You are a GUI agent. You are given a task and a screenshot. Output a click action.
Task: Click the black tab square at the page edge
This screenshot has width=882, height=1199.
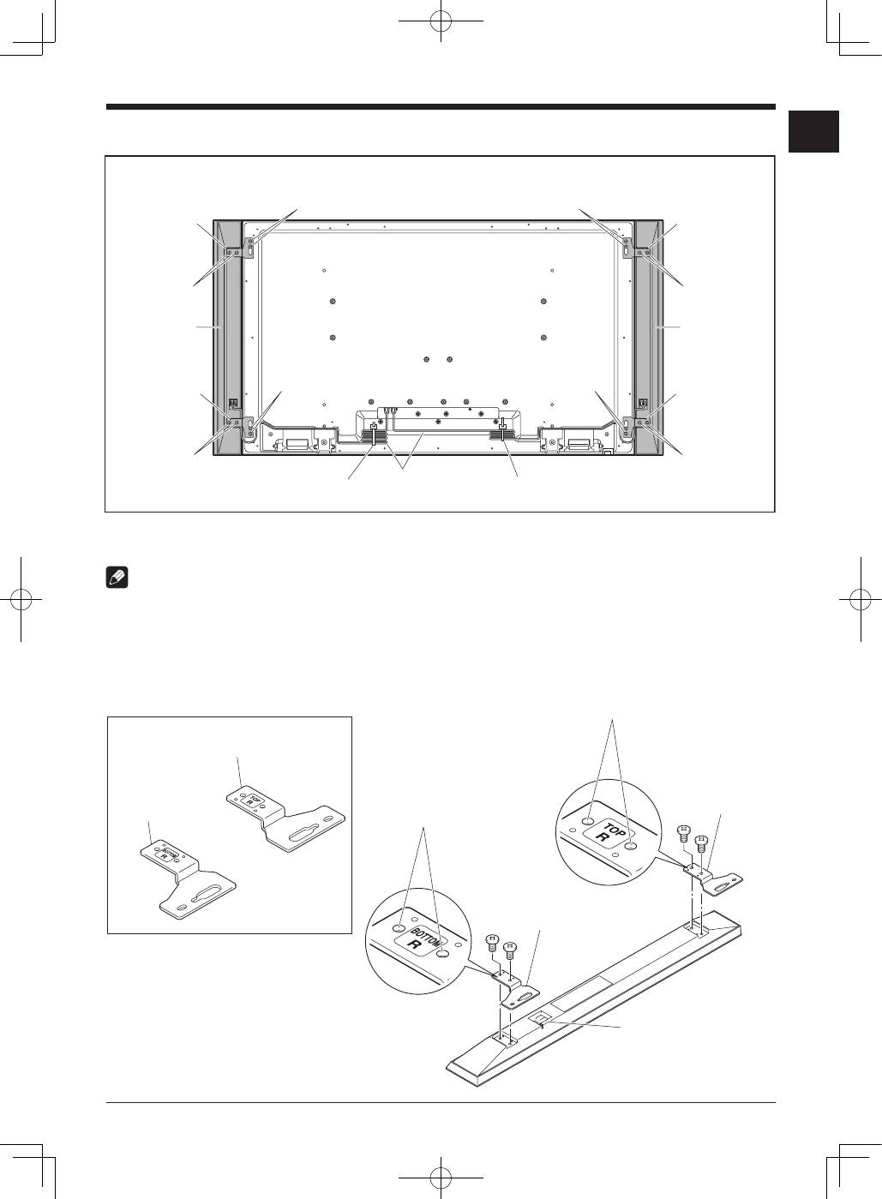(813, 132)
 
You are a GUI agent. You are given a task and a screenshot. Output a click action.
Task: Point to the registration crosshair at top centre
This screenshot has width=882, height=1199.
(441, 21)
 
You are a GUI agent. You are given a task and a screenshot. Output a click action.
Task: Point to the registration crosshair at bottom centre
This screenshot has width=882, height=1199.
(441, 1178)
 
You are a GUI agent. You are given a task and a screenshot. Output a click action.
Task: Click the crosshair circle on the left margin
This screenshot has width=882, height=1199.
(21, 600)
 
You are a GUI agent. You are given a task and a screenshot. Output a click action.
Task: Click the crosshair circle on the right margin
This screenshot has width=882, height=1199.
(861, 600)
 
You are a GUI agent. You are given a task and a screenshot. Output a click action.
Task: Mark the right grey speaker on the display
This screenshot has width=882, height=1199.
(649, 338)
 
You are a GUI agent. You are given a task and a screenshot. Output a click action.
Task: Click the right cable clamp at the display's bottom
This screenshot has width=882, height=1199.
(502, 429)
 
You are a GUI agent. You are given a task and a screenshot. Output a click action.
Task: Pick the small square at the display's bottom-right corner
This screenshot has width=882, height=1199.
(607, 452)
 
